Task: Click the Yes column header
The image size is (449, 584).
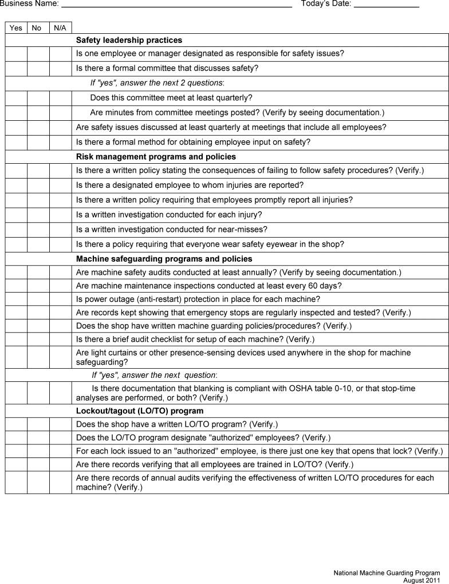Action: [x=16, y=27]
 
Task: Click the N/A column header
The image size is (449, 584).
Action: [x=60, y=27]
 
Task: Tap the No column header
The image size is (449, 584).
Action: [x=37, y=27]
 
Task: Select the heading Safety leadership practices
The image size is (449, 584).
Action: [x=129, y=40]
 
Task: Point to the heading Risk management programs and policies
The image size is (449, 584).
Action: [x=156, y=156]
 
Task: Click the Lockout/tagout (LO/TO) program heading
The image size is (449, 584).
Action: [x=140, y=411]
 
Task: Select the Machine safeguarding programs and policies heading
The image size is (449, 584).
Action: [x=164, y=259]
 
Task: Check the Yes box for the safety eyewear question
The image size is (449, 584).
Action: [x=16, y=244]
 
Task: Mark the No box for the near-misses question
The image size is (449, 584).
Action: [x=38, y=230]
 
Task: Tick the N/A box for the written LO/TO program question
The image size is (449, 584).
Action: [x=60, y=424]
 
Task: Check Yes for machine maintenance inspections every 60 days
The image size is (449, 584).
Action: [x=16, y=286]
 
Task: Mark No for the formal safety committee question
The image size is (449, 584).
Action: [x=38, y=68]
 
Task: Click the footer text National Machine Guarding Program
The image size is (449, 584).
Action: [x=387, y=573]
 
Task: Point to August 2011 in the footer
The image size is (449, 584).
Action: [x=422, y=580]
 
